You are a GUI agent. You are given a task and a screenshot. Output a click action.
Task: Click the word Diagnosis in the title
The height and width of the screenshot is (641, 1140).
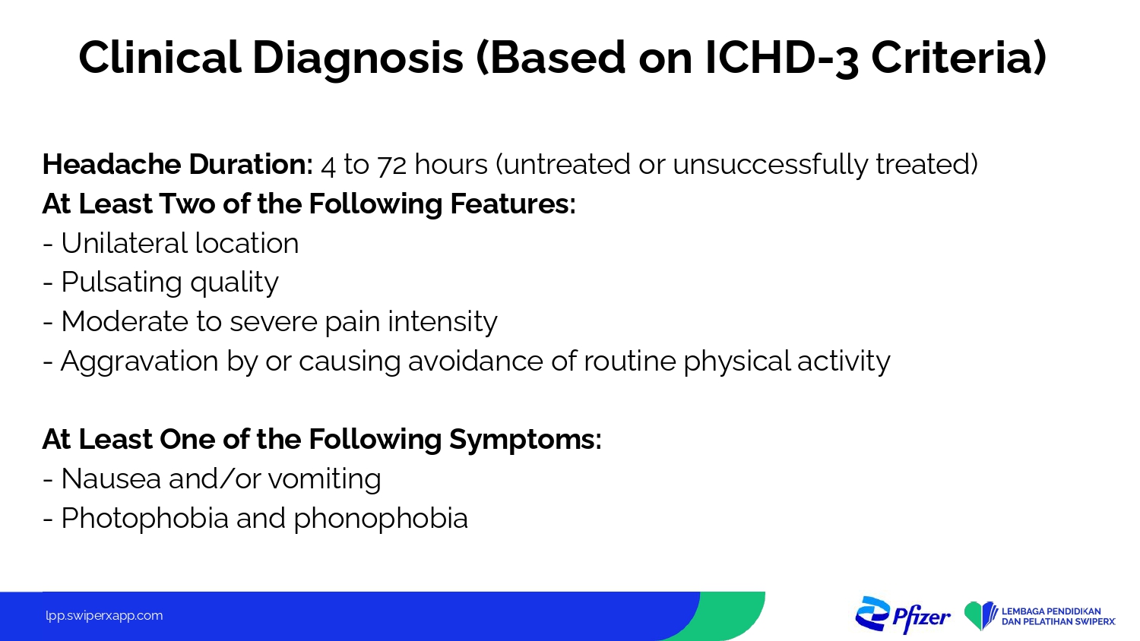[x=358, y=58]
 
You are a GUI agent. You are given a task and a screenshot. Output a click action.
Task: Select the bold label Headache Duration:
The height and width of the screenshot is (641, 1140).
[x=178, y=164]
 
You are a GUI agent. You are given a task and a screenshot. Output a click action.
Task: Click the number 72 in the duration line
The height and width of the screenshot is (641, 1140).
[x=392, y=165]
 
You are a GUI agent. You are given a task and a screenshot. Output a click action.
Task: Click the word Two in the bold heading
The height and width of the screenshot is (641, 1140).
[x=187, y=204]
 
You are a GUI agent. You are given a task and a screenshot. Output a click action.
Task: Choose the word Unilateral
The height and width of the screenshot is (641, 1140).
[x=124, y=243]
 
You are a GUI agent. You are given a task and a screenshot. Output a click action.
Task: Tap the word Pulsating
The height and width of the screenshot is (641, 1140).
[x=121, y=283]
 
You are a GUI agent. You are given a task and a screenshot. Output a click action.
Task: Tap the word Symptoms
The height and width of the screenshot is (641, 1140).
[x=521, y=440]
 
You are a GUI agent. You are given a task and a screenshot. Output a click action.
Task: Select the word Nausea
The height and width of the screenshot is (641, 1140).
[x=111, y=478]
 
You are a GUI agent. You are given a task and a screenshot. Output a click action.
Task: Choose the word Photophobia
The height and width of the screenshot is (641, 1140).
[x=144, y=519]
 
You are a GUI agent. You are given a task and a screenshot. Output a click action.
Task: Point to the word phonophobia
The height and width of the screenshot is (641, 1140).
[x=381, y=519]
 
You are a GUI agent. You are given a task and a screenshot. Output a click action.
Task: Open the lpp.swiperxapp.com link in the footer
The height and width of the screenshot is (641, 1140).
[x=104, y=616]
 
